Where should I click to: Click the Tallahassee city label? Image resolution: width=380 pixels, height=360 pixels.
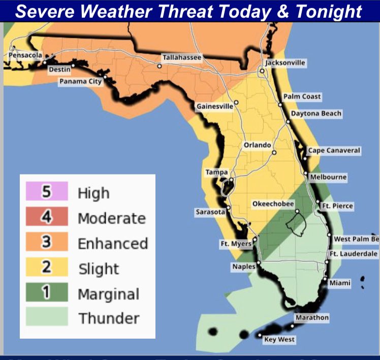(181, 58)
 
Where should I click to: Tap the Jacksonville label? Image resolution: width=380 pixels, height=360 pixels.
(286, 63)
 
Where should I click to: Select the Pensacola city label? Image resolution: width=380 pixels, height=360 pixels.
(25, 55)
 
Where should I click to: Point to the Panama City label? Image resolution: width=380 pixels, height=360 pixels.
(81, 81)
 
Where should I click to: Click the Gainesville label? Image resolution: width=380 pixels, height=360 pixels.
(215, 107)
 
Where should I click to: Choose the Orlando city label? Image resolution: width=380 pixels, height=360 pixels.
(257, 145)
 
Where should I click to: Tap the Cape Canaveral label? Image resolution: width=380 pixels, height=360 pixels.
(334, 151)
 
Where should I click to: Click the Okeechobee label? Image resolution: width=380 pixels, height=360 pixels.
(273, 204)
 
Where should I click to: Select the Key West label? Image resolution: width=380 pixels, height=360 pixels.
(279, 340)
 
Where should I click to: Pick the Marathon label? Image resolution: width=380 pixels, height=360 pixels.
(311, 318)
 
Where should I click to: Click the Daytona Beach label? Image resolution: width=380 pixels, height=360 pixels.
(316, 113)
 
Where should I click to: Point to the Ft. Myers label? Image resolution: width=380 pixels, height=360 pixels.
(236, 244)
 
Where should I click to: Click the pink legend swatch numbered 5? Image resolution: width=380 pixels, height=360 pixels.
(47, 192)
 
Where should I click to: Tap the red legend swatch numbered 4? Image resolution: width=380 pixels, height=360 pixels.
(47, 217)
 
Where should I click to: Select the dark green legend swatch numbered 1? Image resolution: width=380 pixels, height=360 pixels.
(47, 293)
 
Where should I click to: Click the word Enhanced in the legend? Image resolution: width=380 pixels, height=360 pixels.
(112, 244)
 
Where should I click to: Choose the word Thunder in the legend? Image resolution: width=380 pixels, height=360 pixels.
(108, 319)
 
